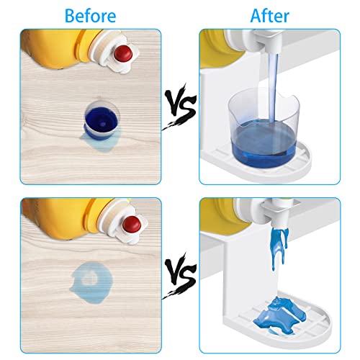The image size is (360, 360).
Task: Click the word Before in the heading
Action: point(91,16)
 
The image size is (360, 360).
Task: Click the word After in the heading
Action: point(270,16)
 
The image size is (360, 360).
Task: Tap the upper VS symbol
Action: point(179,107)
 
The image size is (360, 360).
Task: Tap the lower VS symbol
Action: point(179,275)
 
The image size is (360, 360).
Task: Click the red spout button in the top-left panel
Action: point(123,53)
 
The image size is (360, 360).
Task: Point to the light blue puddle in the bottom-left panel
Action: point(92,282)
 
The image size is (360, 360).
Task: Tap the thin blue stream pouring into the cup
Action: point(274,88)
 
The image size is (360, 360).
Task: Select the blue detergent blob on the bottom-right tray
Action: point(279,315)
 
